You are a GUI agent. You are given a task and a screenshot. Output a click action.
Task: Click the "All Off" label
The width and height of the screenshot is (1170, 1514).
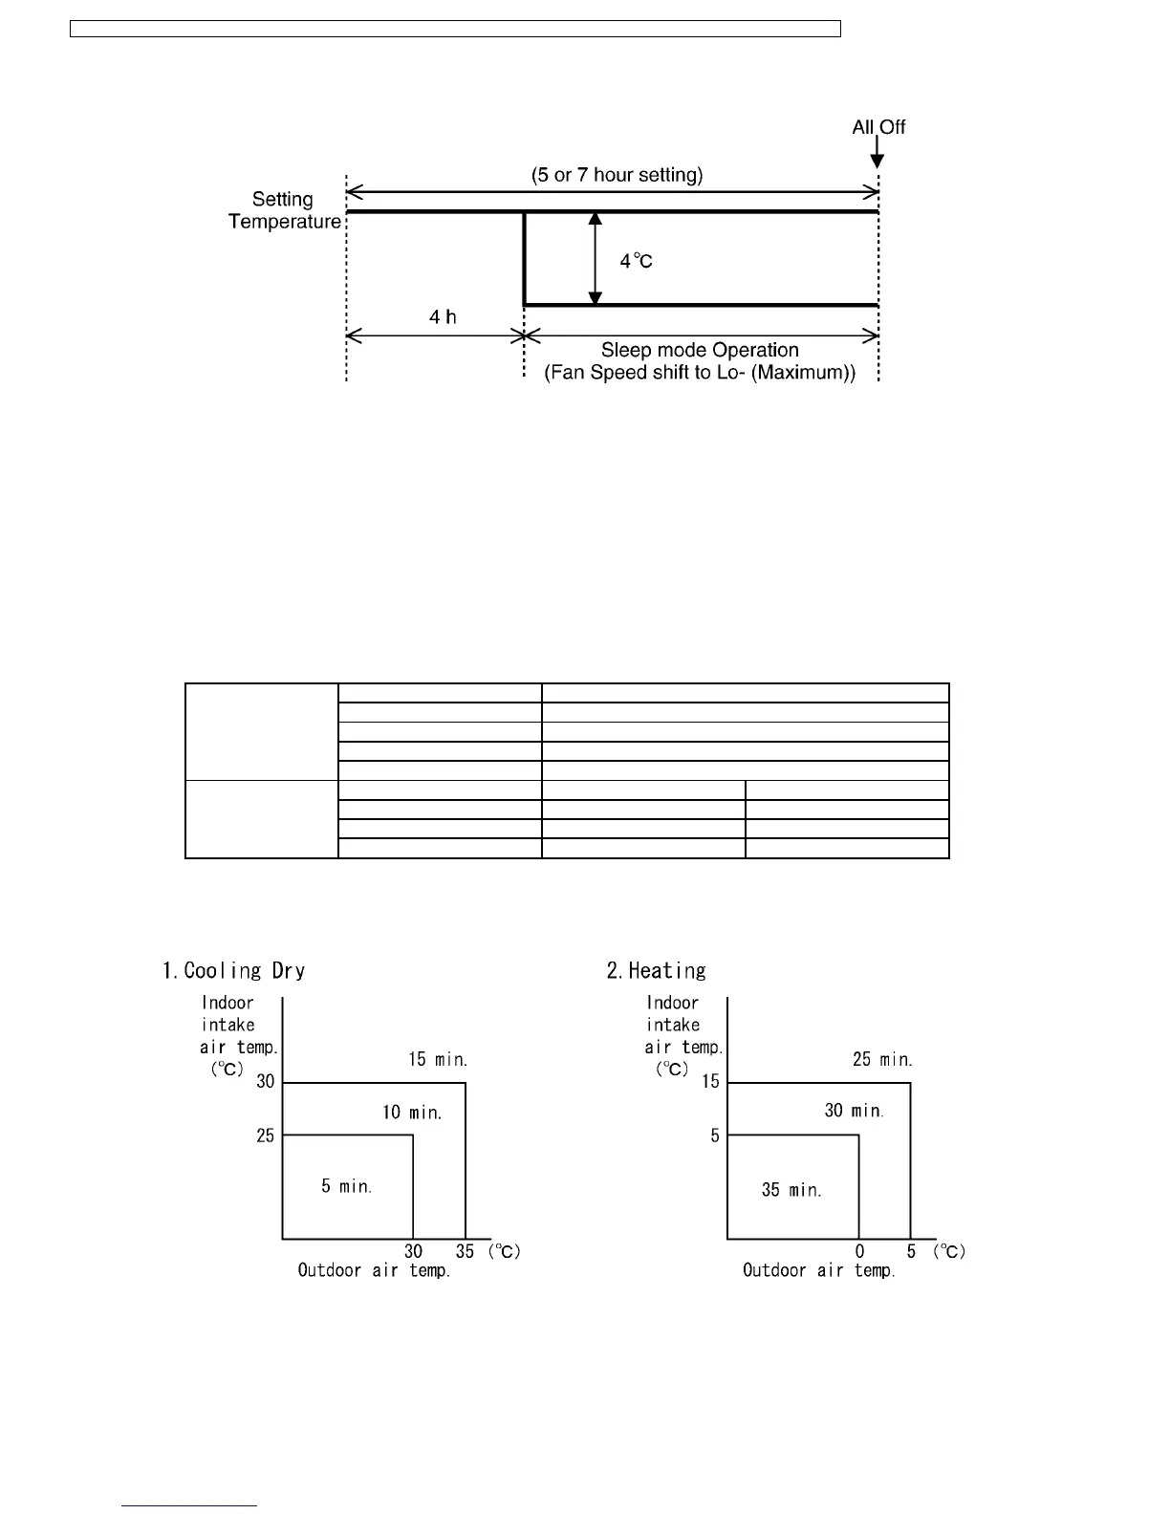pos(878,127)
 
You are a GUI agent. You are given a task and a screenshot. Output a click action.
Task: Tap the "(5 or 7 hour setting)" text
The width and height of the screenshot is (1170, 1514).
pos(617,175)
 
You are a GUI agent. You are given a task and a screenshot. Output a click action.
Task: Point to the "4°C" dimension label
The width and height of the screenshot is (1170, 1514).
pos(636,261)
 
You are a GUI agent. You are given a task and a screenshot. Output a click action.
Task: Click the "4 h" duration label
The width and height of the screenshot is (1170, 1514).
pos(443,316)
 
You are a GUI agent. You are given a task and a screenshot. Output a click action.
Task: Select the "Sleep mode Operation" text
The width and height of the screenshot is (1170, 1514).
pos(700,350)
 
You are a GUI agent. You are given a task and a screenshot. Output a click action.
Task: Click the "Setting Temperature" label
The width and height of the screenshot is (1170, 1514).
pos(284,210)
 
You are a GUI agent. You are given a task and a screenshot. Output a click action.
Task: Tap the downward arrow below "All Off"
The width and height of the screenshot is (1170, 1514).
pos(877,154)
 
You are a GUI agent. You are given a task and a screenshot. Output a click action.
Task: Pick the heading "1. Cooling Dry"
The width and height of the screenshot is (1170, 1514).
pos(234,971)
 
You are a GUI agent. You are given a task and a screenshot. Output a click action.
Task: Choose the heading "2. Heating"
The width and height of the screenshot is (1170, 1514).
pos(657,971)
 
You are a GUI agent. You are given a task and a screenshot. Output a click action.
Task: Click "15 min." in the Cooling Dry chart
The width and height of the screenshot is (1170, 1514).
pos(438,1059)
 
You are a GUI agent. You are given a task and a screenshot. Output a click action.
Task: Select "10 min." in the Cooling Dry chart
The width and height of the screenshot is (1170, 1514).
pos(412,1113)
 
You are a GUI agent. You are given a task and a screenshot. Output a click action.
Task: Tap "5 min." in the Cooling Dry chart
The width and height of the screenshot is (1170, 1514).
pos(346,1186)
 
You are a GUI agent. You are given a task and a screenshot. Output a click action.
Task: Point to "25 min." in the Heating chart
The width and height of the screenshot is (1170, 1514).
pos(882,1059)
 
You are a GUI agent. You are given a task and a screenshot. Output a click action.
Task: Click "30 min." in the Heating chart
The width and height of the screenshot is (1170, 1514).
pos(854,1111)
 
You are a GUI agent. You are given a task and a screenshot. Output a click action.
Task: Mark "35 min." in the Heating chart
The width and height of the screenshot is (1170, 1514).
pos(791,1190)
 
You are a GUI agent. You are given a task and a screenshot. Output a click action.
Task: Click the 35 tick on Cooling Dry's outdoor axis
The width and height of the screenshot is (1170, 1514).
pos(465,1251)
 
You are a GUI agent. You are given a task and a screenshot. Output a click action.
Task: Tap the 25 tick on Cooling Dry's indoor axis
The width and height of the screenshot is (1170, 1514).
pos(265,1135)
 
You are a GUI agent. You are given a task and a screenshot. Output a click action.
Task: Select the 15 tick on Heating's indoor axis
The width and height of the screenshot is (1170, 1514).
pos(710,1082)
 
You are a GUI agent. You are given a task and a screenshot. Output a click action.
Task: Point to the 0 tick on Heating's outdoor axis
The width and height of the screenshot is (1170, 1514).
pos(859,1251)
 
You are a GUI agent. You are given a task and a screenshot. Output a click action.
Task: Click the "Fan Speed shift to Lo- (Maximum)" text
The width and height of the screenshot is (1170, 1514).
pos(700,373)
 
